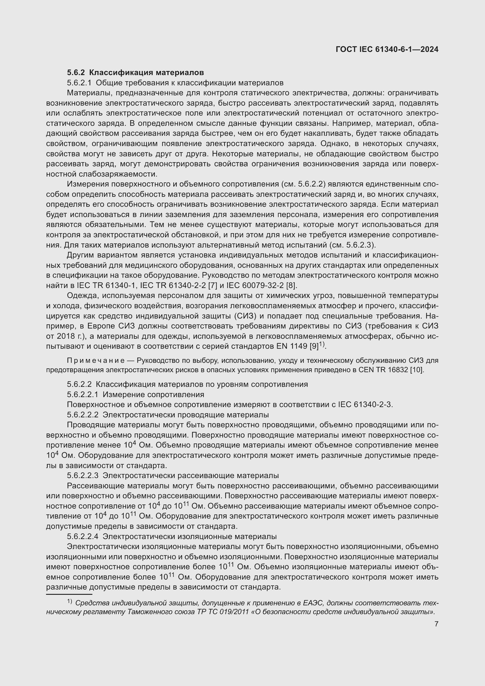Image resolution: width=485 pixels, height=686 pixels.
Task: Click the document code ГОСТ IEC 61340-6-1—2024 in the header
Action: pos(387,49)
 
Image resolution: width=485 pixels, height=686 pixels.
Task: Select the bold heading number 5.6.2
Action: pos(76,73)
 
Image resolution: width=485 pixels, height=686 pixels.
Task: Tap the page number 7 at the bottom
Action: pos(436,624)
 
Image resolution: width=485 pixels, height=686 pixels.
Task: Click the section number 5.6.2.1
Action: pos(79,83)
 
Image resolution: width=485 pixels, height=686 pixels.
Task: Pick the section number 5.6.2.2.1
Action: pos(82,395)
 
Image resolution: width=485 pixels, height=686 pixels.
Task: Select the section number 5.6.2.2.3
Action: pos(82,476)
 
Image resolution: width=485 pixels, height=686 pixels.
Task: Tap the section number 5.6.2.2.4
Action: pos(82,537)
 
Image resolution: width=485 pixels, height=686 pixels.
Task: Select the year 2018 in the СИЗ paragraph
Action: pos(66,336)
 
